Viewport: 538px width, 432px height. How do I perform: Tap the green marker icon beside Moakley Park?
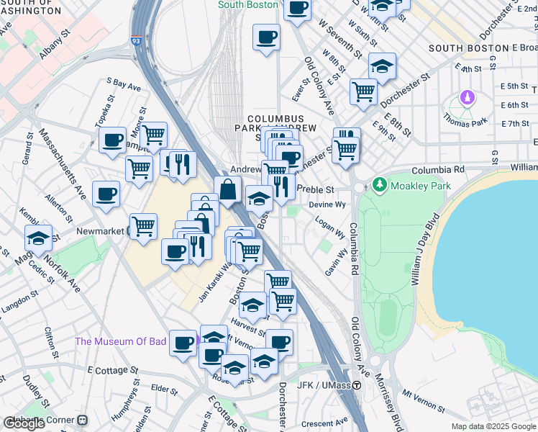380,186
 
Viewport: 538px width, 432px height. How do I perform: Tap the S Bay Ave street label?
124,85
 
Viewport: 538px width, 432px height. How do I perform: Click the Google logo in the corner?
24,423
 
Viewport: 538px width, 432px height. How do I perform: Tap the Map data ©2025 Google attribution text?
493,426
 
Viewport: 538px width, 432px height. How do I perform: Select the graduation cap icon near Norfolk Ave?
38,238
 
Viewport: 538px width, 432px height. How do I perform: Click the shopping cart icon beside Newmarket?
144,226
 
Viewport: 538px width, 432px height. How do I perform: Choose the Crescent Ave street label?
324,420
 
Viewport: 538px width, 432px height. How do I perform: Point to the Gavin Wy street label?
337,261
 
